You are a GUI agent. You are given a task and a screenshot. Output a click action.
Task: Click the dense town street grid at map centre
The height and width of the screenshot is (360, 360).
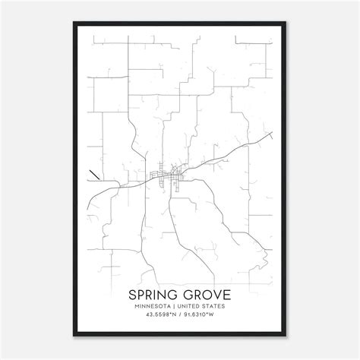tap(169, 176)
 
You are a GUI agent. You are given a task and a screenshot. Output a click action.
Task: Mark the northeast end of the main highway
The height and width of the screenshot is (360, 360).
tap(272, 134)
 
